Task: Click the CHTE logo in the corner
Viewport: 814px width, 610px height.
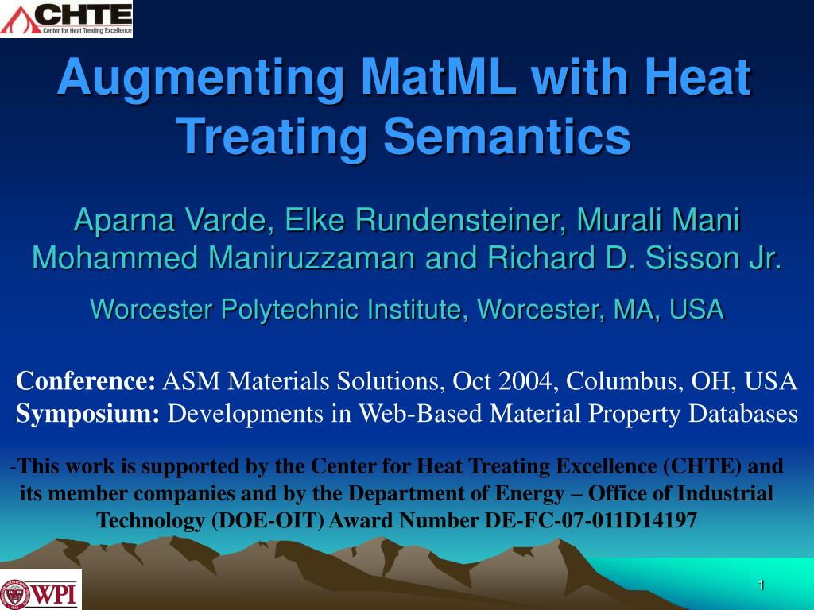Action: point(67,19)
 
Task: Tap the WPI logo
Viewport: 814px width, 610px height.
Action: point(41,590)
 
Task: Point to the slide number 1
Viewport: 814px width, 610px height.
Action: point(761,585)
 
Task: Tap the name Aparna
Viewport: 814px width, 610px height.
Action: point(125,221)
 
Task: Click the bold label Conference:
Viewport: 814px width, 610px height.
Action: point(86,380)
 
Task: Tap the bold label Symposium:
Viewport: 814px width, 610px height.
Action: point(87,414)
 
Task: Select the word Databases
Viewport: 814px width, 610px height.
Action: point(743,413)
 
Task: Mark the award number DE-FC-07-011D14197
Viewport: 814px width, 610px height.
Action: point(591,519)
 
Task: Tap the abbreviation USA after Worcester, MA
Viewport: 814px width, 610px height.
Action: point(696,309)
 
